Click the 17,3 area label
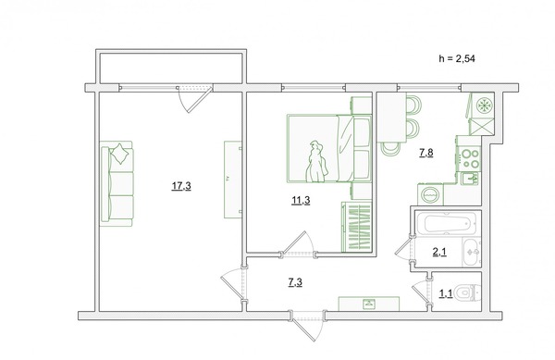181,186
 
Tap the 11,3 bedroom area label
301,201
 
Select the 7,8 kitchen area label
426,153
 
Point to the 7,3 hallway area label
295,282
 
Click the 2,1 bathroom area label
439,252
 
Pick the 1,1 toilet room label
446,293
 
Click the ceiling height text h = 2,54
457,58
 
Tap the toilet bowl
467,292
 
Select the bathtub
447,223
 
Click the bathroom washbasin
472,253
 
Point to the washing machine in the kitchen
430,194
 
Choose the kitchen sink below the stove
470,178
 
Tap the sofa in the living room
117,184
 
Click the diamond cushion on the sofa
120,154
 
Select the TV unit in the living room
232,180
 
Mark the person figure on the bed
316,162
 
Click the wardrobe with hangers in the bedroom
357,227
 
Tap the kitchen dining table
391,117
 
